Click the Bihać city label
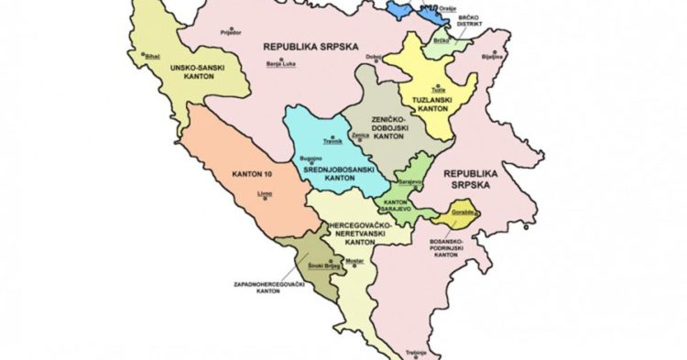tap(152, 57)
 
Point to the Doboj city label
tap(373, 57)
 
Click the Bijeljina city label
tap(493, 57)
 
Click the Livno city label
tap(268, 193)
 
